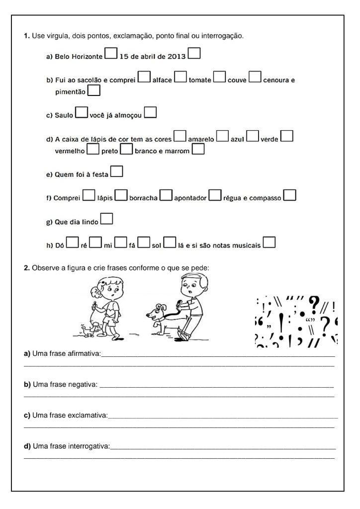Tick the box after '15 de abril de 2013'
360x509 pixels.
click(x=194, y=53)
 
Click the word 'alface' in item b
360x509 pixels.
click(x=162, y=80)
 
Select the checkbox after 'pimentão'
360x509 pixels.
click(x=93, y=90)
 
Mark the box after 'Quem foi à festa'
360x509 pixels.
click(x=117, y=172)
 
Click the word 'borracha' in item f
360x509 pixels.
click(x=143, y=198)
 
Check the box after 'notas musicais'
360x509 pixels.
click(x=269, y=242)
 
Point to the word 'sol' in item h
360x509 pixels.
click(x=157, y=246)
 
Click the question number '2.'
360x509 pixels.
click(x=27, y=268)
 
